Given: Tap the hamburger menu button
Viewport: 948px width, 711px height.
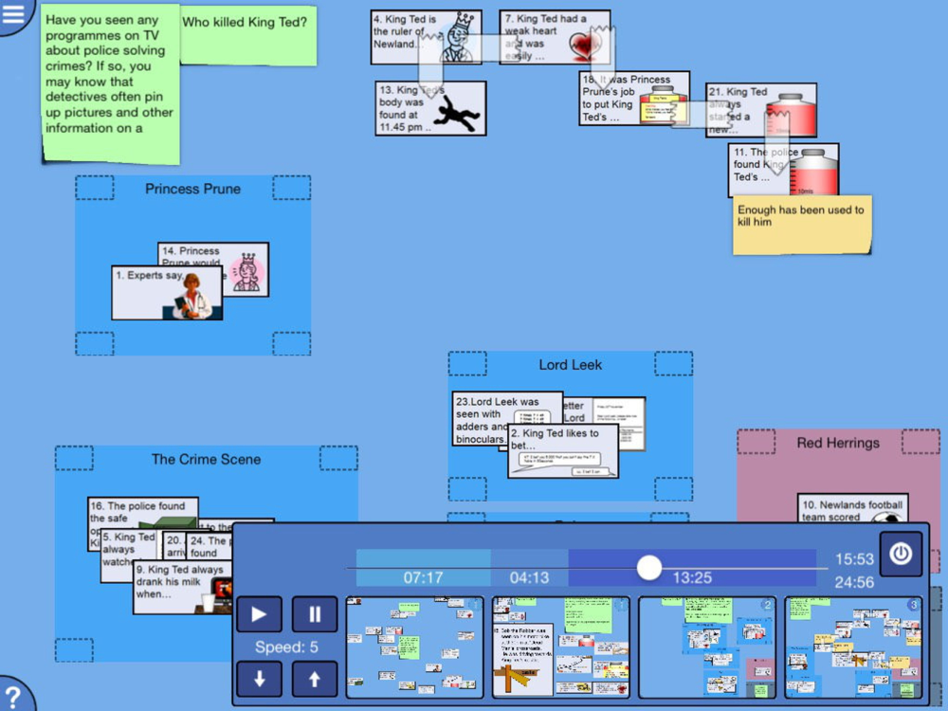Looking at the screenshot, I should (x=13, y=13).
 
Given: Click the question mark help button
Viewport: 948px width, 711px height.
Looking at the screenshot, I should (x=13, y=694).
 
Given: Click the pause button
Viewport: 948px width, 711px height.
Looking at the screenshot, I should (x=315, y=613).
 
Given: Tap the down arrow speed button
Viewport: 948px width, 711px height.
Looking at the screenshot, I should (x=259, y=679).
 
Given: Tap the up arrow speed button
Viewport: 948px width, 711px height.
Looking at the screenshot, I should (x=315, y=679).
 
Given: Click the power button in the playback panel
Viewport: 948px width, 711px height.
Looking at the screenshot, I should (x=900, y=554).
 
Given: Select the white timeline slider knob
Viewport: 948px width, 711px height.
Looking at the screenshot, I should (x=648, y=568).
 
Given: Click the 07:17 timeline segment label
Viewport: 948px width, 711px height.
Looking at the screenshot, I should (x=423, y=577).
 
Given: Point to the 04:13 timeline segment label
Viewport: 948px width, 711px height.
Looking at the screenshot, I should (x=529, y=577).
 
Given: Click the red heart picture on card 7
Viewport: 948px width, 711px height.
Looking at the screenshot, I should (x=585, y=44).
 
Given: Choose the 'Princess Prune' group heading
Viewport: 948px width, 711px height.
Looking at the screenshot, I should (x=192, y=189).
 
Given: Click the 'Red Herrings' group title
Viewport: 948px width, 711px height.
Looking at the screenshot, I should (x=838, y=443).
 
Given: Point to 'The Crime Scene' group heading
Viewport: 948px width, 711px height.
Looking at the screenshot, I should (x=206, y=459).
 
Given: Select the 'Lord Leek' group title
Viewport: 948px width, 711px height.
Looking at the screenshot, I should (x=570, y=365).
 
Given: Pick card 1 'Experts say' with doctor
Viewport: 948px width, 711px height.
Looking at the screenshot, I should (x=167, y=292).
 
